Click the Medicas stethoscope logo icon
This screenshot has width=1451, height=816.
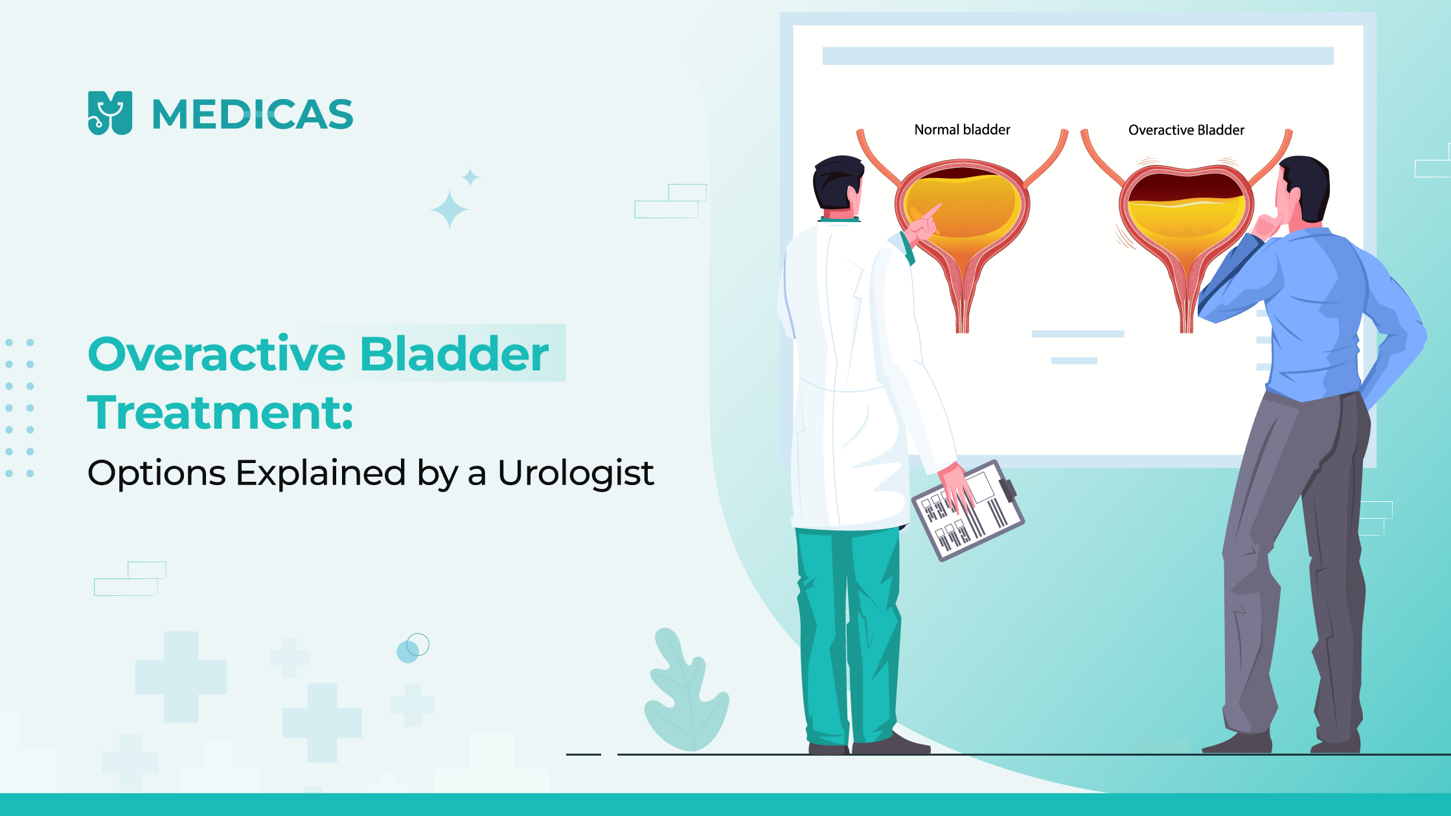[109, 113]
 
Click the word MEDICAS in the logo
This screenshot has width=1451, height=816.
[253, 115]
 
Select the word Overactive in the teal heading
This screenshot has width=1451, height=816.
[217, 355]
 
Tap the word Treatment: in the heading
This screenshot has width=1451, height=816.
[220, 413]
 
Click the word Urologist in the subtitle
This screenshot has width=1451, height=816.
[575, 473]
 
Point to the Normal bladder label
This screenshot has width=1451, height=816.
[962, 130]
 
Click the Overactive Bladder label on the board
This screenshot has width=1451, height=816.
[1186, 130]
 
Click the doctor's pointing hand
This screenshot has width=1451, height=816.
[924, 223]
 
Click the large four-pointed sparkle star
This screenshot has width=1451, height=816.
[450, 210]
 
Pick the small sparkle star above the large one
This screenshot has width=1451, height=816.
[470, 177]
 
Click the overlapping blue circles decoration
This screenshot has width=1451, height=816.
[413, 648]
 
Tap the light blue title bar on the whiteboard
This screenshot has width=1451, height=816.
[1078, 56]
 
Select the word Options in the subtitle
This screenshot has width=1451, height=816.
[156, 473]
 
